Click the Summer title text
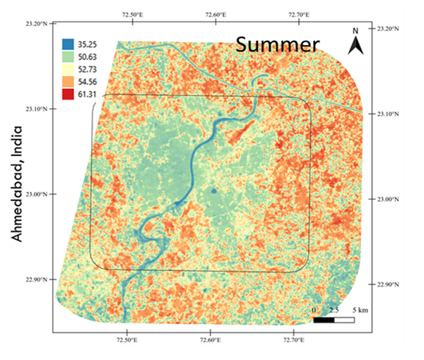pos(277,44)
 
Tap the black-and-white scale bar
pos(334,320)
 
